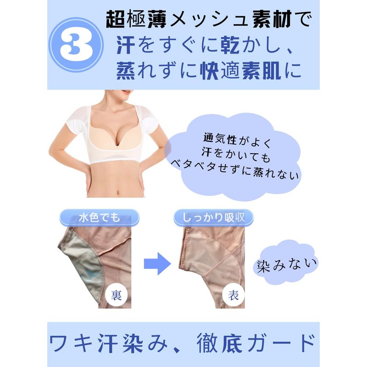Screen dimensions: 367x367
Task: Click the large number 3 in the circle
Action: point(76,44)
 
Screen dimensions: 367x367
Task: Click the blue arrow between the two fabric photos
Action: point(157,263)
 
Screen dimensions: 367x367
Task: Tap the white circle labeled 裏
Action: point(116,295)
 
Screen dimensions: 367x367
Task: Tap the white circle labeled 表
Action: point(233,295)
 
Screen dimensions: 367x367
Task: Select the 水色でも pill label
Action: point(100,217)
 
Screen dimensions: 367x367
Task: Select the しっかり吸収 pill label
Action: point(213,217)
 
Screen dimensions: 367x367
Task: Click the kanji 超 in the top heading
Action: point(115,20)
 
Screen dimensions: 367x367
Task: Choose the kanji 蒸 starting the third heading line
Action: point(126,71)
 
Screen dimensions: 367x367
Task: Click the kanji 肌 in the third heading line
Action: point(272,71)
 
